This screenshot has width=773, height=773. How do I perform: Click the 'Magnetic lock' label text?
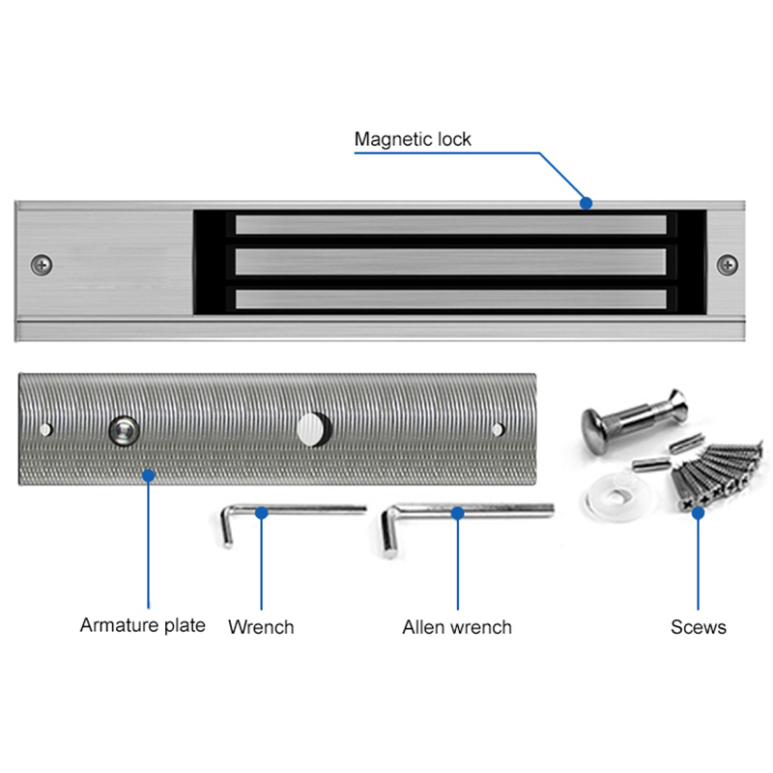(x=413, y=139)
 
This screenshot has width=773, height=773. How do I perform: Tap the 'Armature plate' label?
(x=142, y=625)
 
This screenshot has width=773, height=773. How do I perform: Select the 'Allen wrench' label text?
(x=457, y=627)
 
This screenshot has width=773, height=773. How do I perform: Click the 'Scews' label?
(x=699, y=627)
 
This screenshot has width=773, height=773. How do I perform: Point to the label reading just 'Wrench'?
(x=261, y=627)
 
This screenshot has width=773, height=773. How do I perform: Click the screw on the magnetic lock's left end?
(x=42, y=263)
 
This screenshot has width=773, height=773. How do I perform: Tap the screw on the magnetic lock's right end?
(x=727, y=263)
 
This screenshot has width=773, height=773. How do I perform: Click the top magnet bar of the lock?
(x=450, y=226)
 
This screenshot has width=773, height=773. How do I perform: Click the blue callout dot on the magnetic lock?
(x=586, y=203)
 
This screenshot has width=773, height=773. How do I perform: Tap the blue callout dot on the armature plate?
(x=148, y=474)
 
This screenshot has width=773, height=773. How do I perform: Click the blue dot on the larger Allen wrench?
(x=458, y=514)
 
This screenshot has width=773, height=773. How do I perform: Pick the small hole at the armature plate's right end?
(x=498, y=428)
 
